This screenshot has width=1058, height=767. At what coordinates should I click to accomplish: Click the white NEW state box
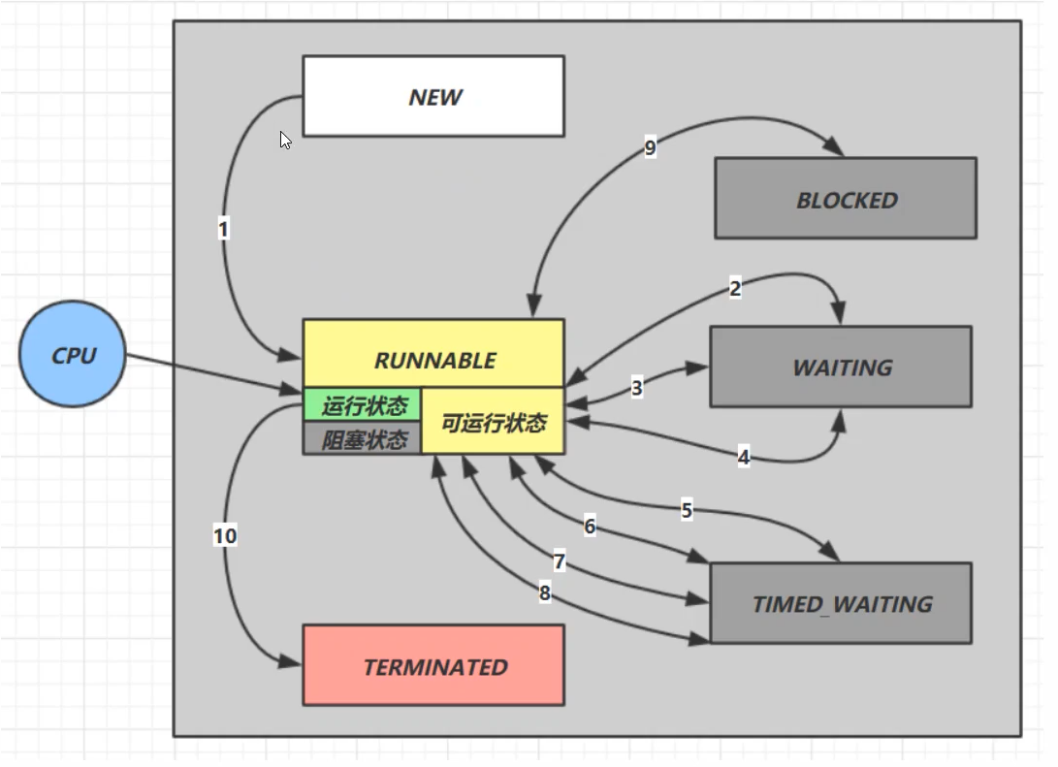tap(433, 96)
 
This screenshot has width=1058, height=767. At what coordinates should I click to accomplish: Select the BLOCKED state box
tap(846, 199)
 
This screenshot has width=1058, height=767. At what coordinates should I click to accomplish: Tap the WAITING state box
tap(841, 367)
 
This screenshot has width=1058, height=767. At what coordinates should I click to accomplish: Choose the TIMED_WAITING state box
tap(841, 603)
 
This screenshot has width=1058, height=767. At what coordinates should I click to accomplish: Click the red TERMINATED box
tap(433, 666)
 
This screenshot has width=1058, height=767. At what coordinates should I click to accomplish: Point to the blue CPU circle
tap(74, 355)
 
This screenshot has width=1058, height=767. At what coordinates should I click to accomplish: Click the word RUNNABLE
tap(434, 360)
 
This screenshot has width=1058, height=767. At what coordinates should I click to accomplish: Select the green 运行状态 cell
tap(364, 404)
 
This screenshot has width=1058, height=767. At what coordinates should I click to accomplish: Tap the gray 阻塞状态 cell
tap(364, 439)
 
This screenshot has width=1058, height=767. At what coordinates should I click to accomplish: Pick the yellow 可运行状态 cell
tap(494, 423)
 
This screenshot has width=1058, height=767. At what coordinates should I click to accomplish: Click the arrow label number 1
tap(224, 230)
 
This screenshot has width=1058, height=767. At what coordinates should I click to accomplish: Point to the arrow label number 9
tap(650, 148)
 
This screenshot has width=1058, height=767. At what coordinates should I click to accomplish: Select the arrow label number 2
tap(735, 288)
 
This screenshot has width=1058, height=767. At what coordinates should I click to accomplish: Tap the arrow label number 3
tap(637, 388)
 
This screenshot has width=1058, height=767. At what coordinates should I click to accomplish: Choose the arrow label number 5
tap(687, 510)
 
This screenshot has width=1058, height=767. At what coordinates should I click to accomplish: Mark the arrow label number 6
tap(590, 527)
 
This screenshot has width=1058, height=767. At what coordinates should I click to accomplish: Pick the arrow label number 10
tap(225, 535)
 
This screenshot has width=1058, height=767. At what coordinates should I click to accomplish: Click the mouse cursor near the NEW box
tap(285, 140)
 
